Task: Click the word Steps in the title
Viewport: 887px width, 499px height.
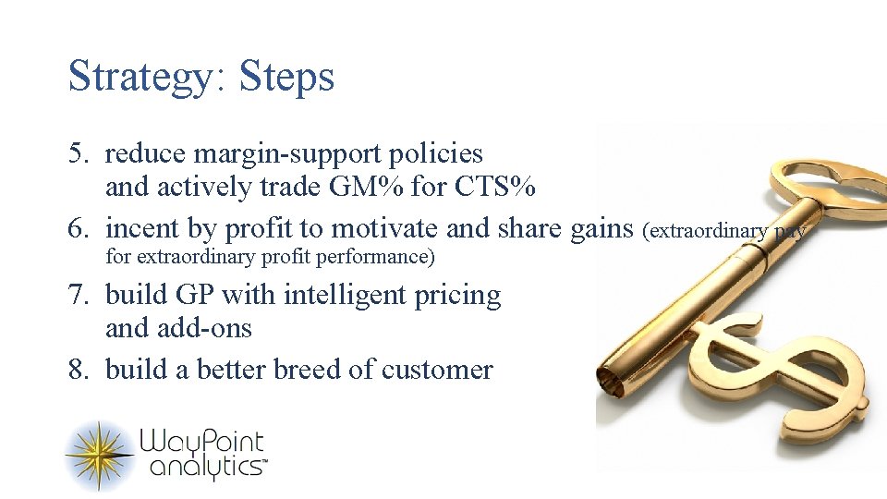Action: click(x=286, y=78)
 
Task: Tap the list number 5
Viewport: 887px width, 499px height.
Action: click(x=78, y=153)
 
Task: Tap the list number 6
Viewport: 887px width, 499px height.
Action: click(x=78, y=227)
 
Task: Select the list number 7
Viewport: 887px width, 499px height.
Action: click(x=78, y=296)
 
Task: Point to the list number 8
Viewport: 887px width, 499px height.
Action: click(x=78, y=370)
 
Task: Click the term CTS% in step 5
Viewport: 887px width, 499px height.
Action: click(x=495, y=188)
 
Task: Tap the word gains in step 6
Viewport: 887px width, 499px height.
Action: click(x=601, y=227)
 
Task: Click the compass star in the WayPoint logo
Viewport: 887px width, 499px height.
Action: click(x=99, y=456)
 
